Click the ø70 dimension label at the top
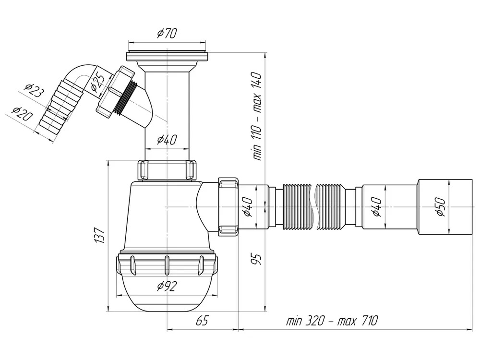point(167,34)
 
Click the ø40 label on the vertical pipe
point(167,140)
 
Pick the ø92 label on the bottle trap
point(167,287)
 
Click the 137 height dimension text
point(99,235)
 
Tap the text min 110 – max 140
point(256,116)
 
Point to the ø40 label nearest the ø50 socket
point(377,207)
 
